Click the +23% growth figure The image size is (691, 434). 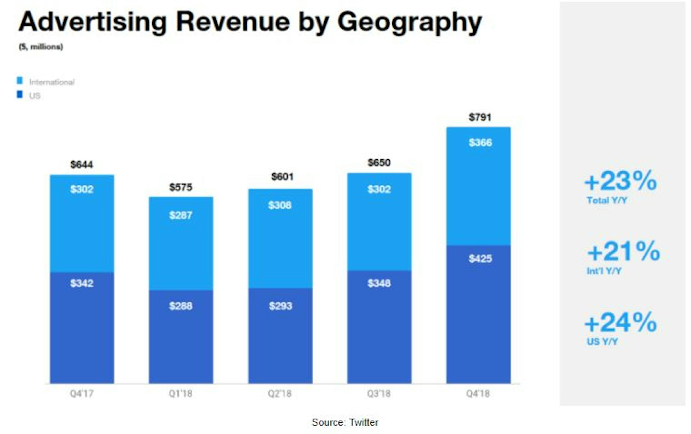(620, 181)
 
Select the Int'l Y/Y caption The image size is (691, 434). (604, 271)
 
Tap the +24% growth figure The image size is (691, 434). (620, 323)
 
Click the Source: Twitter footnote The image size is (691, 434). (345, 422)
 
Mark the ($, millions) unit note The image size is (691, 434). (41, 47)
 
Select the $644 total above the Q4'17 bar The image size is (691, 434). (82, 165)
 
